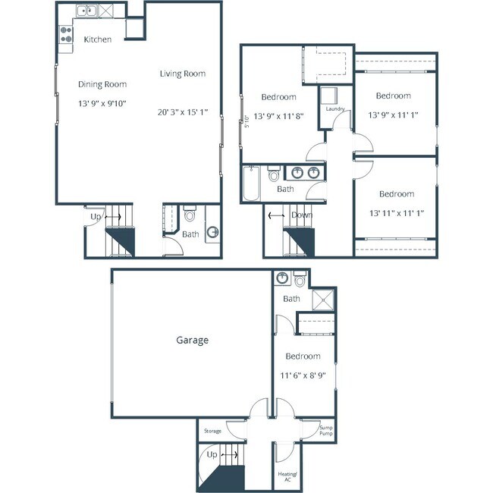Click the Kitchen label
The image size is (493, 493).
(x=98, y=39)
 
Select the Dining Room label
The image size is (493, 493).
(x=102, y=84)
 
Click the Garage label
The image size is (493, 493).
(x=193, y=341)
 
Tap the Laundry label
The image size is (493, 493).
(x=335, y=109)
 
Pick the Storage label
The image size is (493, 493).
(x=212, y=431)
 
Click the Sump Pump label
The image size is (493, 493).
(x=326, y=429)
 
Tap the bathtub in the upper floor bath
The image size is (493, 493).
(x=252, y=184)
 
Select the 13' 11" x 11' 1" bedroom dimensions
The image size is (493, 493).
(x=394, y=213)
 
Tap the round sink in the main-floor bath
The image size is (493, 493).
(x=213, y=232)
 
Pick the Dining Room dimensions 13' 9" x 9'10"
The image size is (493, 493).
(x=102, y=102)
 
